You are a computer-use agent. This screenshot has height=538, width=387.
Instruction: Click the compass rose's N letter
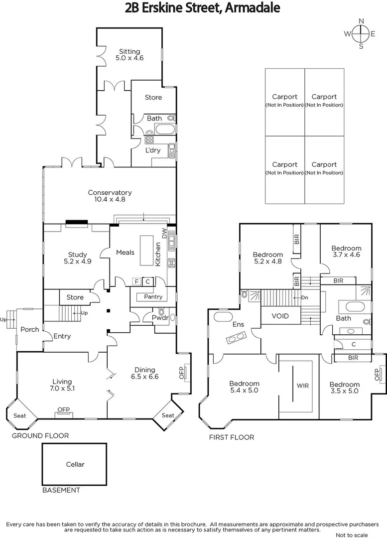362,21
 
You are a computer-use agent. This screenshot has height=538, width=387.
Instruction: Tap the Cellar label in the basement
75,464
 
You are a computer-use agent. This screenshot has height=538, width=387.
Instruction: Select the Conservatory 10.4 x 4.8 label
110,196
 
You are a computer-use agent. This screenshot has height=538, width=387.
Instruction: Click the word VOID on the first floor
280,316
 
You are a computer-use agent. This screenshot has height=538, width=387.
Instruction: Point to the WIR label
302,386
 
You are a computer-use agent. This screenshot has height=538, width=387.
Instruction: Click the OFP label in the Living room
63,410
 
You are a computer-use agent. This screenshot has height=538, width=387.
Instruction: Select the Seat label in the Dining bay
168,415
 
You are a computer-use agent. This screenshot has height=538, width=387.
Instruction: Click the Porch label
30,329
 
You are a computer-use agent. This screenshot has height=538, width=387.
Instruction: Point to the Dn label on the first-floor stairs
304,298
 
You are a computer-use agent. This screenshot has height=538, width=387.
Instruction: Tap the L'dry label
152,150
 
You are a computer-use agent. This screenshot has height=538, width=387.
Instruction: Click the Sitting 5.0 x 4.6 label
129,54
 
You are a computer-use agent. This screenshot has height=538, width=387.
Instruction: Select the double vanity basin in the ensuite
237,340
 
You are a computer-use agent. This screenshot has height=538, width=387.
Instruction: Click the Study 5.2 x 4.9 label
78,258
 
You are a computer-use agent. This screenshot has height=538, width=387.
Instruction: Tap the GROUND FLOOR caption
40,436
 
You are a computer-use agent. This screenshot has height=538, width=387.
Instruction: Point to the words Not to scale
352,535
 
